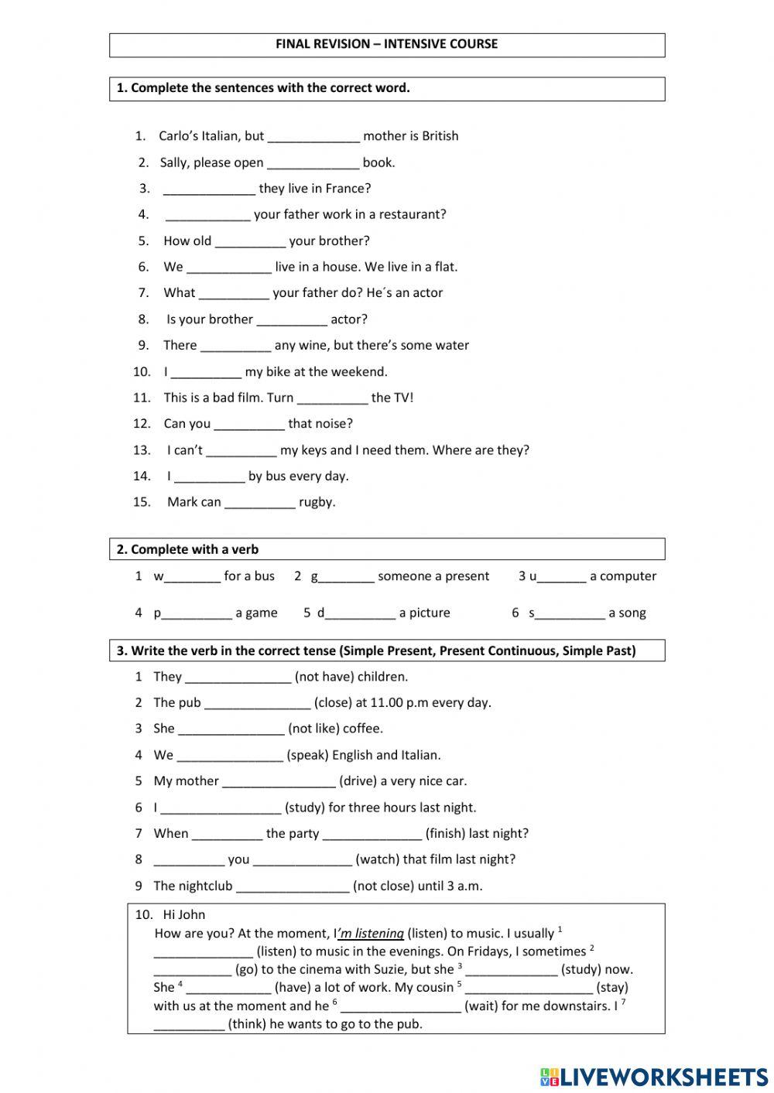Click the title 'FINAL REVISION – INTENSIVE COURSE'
coord(386,44)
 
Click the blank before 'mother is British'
coord(313,137)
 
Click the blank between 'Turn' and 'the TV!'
coord(332,398)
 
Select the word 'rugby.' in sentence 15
coord(317,503)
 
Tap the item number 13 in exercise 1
coord(142,450)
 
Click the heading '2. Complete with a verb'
coord(188,550)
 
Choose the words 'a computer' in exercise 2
coord(623,576)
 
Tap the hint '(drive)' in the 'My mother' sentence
coord(358,781)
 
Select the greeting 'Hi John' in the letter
coord(184,915)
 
